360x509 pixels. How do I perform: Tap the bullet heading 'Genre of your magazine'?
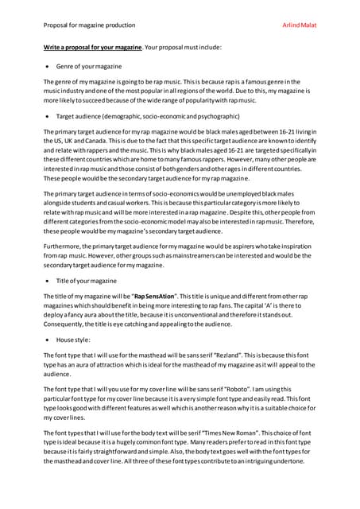[86, 67]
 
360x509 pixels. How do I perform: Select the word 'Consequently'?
[68, 324]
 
